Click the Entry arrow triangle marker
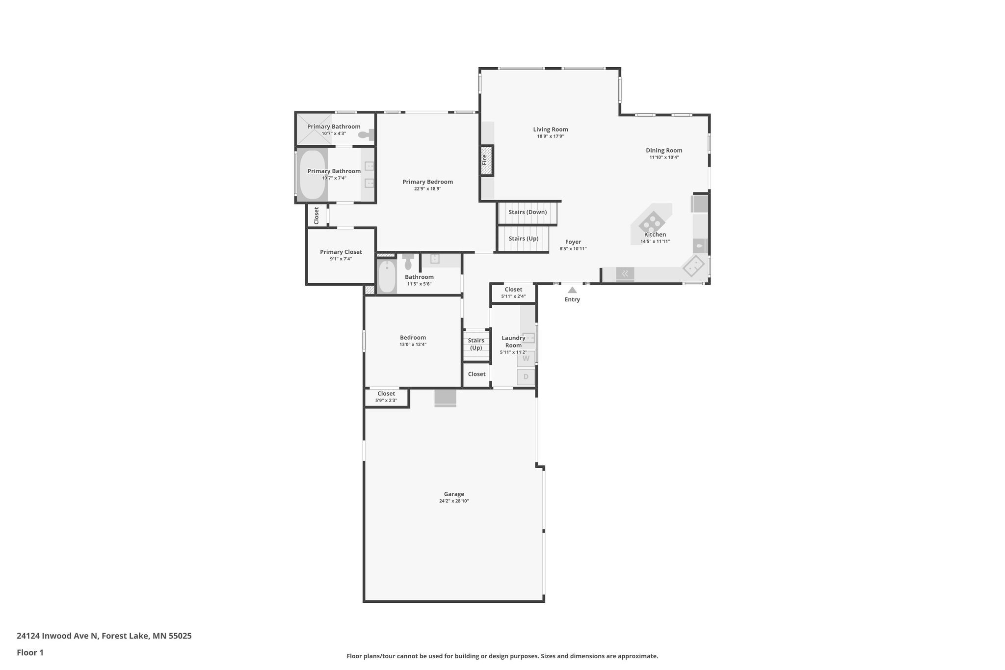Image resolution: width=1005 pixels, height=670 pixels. point(572,290)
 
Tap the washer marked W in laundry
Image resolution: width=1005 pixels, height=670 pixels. point(526,358)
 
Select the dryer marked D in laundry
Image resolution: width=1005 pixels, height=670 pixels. point(526,377)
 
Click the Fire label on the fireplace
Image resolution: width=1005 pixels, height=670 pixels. point(485,160)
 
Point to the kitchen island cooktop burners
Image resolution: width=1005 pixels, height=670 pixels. point(652,222)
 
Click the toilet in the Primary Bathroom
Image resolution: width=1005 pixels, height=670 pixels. point(366,134)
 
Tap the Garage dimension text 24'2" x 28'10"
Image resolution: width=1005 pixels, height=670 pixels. point(454,501)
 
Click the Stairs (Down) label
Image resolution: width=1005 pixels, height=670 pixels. point(528,212)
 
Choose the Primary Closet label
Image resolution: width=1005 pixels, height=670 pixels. point(341,252)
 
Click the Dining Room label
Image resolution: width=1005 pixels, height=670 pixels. point(664,151)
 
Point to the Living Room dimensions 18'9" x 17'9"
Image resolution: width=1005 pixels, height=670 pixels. point(551,136)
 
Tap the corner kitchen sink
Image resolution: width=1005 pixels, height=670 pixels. point(694,267)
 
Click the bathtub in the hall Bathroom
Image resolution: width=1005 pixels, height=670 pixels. point(387,276)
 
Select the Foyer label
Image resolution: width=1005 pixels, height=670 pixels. point(573,242)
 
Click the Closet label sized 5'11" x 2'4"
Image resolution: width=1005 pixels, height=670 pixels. point(513,290)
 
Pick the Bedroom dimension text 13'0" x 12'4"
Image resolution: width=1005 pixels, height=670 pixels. point(413,345)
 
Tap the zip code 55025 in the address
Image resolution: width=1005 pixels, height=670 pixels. point(180,636)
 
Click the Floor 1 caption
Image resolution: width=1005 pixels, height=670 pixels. point(30,652)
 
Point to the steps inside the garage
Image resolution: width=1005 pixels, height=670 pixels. point(445,398)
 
